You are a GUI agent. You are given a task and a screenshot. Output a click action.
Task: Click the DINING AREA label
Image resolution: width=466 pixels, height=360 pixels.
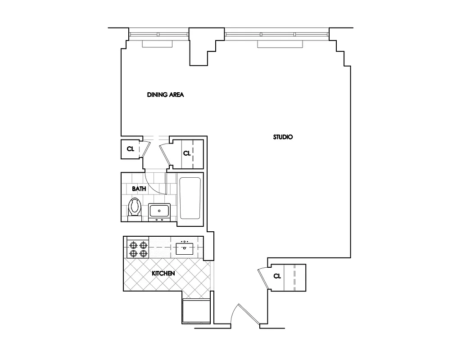click(x=166, y=95)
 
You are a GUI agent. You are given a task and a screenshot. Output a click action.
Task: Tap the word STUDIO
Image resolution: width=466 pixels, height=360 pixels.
click(x=283, y=137)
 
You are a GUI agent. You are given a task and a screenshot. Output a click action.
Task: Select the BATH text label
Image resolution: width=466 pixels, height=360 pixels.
click(x=139, y=189)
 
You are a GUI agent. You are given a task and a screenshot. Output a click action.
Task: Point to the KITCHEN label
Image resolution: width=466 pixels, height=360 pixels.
click(x=163, y=273)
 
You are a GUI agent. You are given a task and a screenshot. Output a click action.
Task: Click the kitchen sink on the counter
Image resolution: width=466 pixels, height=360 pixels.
click(x=185, y=247)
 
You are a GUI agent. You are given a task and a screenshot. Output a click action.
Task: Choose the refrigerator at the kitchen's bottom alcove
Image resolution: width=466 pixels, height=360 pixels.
click(x=196, y=310)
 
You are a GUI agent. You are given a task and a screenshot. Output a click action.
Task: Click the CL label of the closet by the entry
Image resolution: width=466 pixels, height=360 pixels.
click(x=277, y=276)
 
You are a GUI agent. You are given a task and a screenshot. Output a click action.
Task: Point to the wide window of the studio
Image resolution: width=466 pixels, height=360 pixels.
click(x=277, y=34)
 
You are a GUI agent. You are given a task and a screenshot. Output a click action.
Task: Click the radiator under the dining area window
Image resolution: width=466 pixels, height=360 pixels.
click(x=158, y=44)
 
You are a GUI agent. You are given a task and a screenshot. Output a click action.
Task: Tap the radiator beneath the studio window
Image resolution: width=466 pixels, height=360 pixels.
click(x=280, y=44)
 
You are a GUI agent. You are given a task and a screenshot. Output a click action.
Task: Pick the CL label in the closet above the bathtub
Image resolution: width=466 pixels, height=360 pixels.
click(x=187, y=153)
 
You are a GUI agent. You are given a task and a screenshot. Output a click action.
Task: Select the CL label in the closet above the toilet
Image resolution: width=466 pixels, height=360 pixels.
click(x=130, y=149)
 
